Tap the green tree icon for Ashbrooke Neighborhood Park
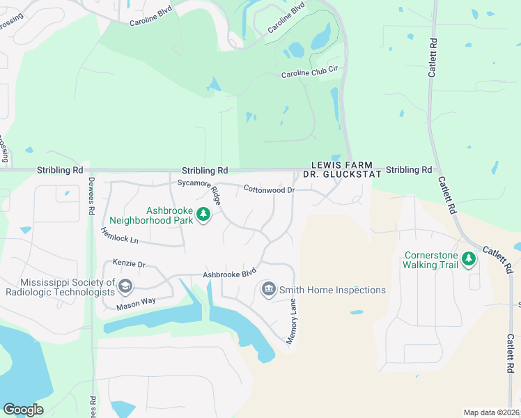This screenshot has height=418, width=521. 203,215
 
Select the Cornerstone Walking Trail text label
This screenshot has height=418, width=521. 431,260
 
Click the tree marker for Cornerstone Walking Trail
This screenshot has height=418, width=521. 469,259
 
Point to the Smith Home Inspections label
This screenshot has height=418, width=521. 332,290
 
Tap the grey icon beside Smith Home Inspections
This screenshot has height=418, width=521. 268,289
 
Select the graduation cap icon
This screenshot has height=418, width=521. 125,286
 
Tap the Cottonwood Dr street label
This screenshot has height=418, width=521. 269,189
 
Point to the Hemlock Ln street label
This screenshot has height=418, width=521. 120,236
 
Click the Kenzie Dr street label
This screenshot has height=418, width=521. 129,264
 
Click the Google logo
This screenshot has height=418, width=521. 23,409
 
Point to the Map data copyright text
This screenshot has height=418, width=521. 491,412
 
